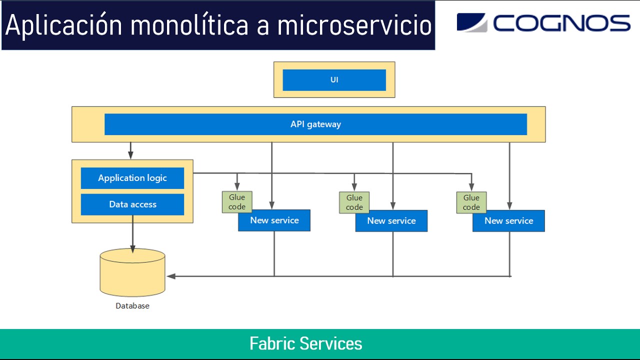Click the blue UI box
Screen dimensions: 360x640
point(334,80)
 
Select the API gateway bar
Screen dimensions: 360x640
point(315,124)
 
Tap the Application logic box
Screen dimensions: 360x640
point(132,178)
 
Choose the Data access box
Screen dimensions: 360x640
point(132,204)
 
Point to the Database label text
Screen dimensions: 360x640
point(132,306)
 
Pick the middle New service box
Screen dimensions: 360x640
point(391,221)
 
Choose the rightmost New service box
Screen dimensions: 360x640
point(508,221)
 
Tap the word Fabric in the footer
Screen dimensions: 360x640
point(272,344)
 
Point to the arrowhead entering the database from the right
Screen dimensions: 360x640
point(171,276)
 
